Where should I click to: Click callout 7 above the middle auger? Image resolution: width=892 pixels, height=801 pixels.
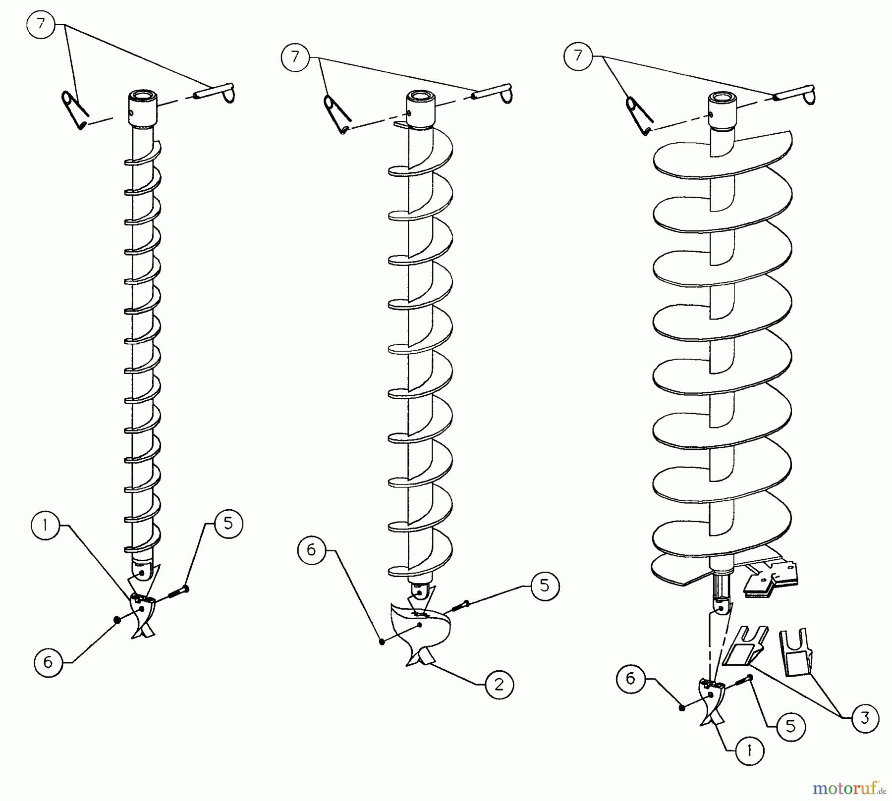point(295,57)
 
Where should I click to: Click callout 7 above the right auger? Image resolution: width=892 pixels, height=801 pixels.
point(578,55)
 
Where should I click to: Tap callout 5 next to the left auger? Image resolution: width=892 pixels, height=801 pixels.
point(228,524)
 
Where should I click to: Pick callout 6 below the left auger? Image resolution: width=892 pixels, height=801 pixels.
point(48,662)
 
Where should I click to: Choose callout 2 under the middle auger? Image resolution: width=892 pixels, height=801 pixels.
point(499,685)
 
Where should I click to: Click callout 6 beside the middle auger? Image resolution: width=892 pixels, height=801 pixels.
point(312,550)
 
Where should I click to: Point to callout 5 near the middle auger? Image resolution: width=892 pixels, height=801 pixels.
point(545,586)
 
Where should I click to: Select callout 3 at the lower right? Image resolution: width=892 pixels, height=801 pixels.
point(865,718)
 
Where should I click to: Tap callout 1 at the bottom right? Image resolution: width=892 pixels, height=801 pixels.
point(749,751)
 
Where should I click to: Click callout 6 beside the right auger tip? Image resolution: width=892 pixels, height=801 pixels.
point(630,678)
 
